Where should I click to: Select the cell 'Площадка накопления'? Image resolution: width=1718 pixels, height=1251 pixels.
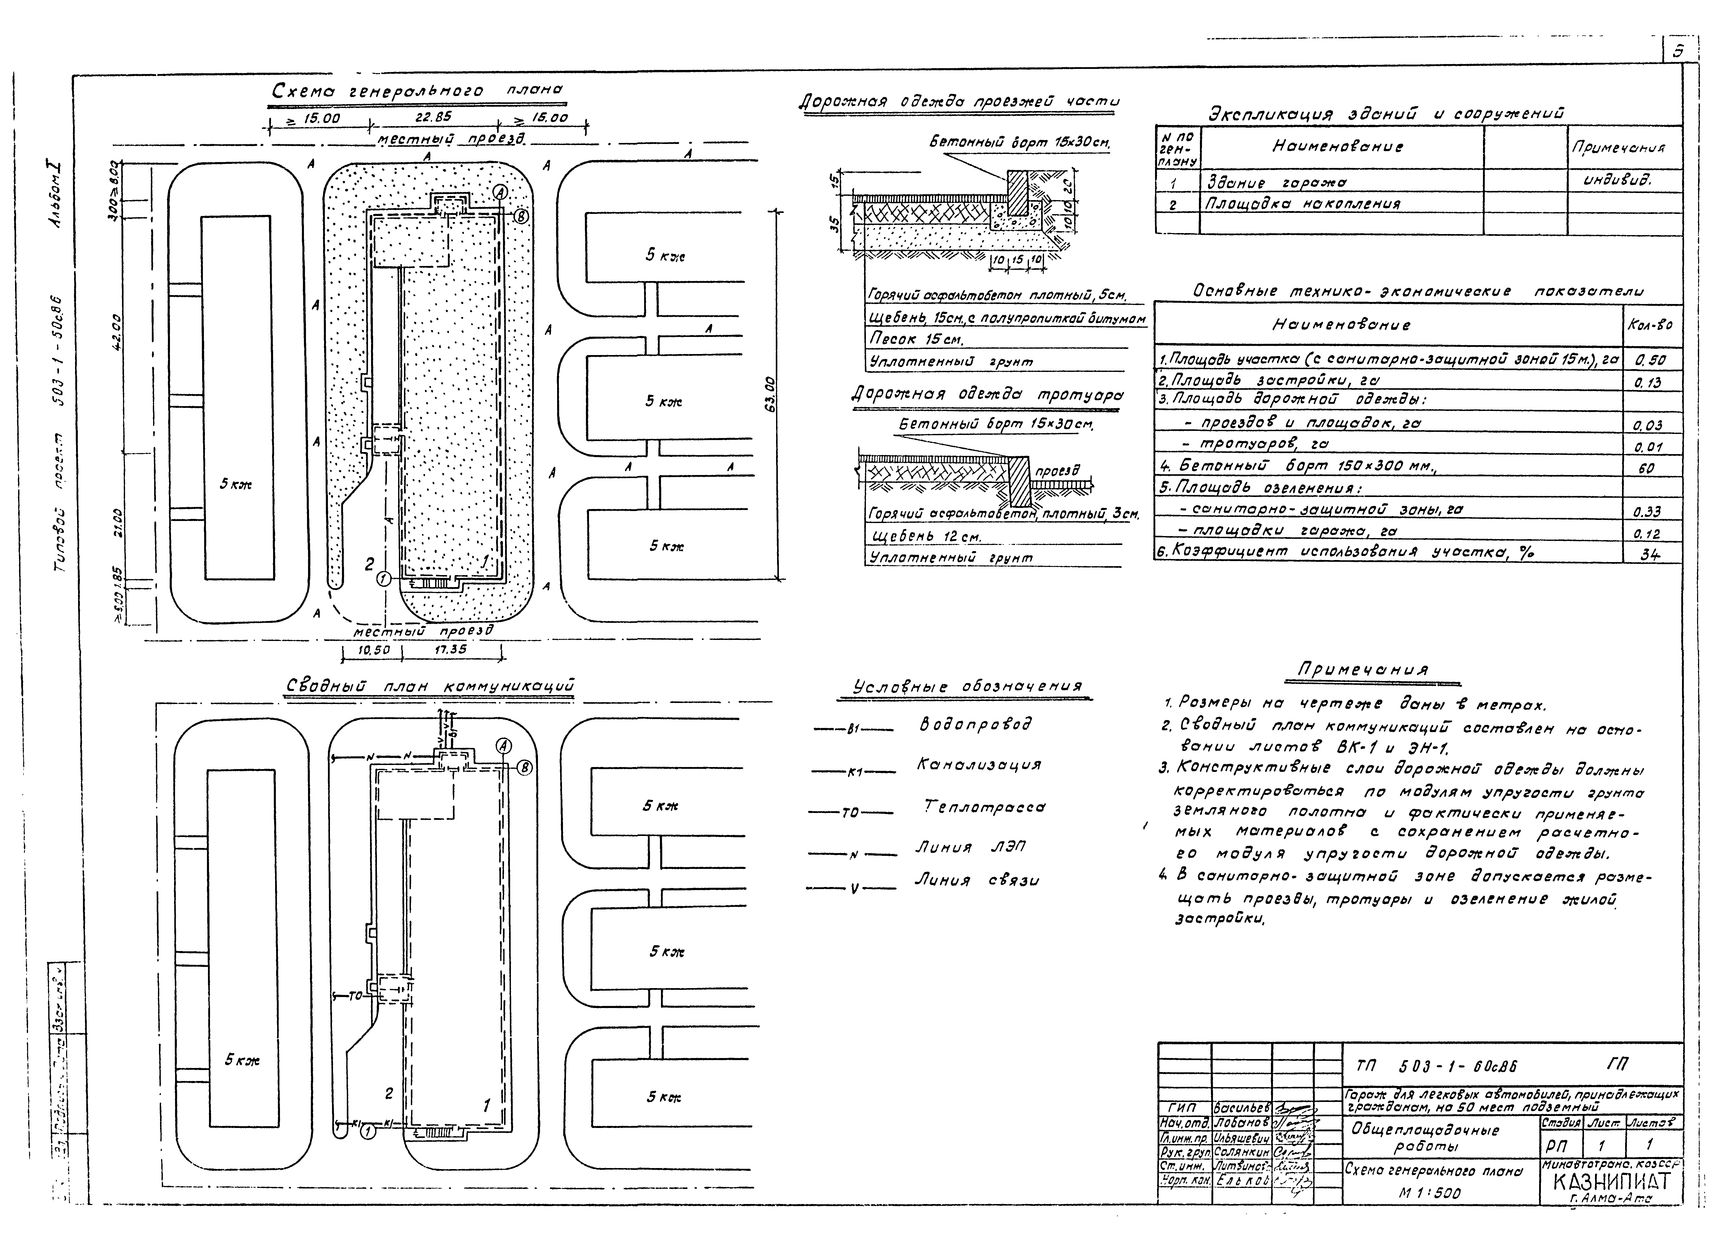(x=1303, y=204)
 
